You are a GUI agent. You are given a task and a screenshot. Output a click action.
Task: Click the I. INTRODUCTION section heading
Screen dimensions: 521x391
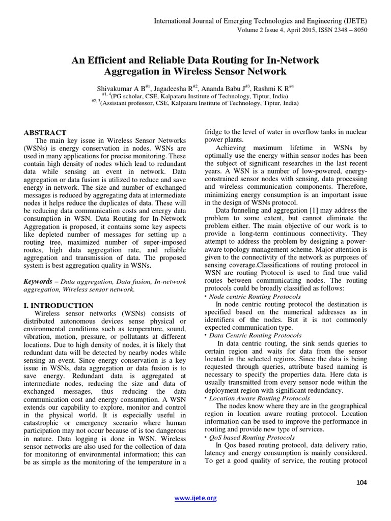click(x=59, y=305)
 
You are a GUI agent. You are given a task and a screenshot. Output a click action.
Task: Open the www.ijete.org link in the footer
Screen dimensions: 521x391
click(x=196, y=498)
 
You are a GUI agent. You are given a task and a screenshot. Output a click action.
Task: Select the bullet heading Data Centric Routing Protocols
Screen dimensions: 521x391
click(x=248, y=335)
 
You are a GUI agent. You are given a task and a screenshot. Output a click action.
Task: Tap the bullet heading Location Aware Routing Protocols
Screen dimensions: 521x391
click(x=253, y=398)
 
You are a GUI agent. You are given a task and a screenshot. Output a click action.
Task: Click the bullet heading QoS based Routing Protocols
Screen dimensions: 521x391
click(x=244, y=437)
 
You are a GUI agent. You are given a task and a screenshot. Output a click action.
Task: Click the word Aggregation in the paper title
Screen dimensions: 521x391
click(x=135, y=71)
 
